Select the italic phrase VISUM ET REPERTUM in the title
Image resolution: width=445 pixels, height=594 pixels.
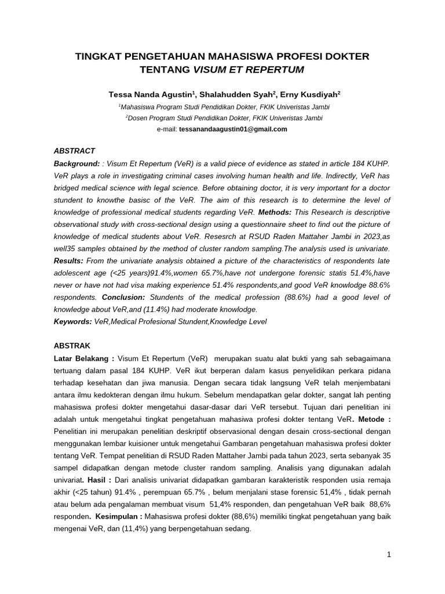click(x=248, y=69)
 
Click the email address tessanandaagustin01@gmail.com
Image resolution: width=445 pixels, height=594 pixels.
click(x=233, y=129)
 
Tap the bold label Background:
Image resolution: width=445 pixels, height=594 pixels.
click(x=76, y=164)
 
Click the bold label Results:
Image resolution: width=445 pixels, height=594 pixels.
click(x=68, y=261)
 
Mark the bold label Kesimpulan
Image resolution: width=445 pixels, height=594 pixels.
click(x=114, y=516)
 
